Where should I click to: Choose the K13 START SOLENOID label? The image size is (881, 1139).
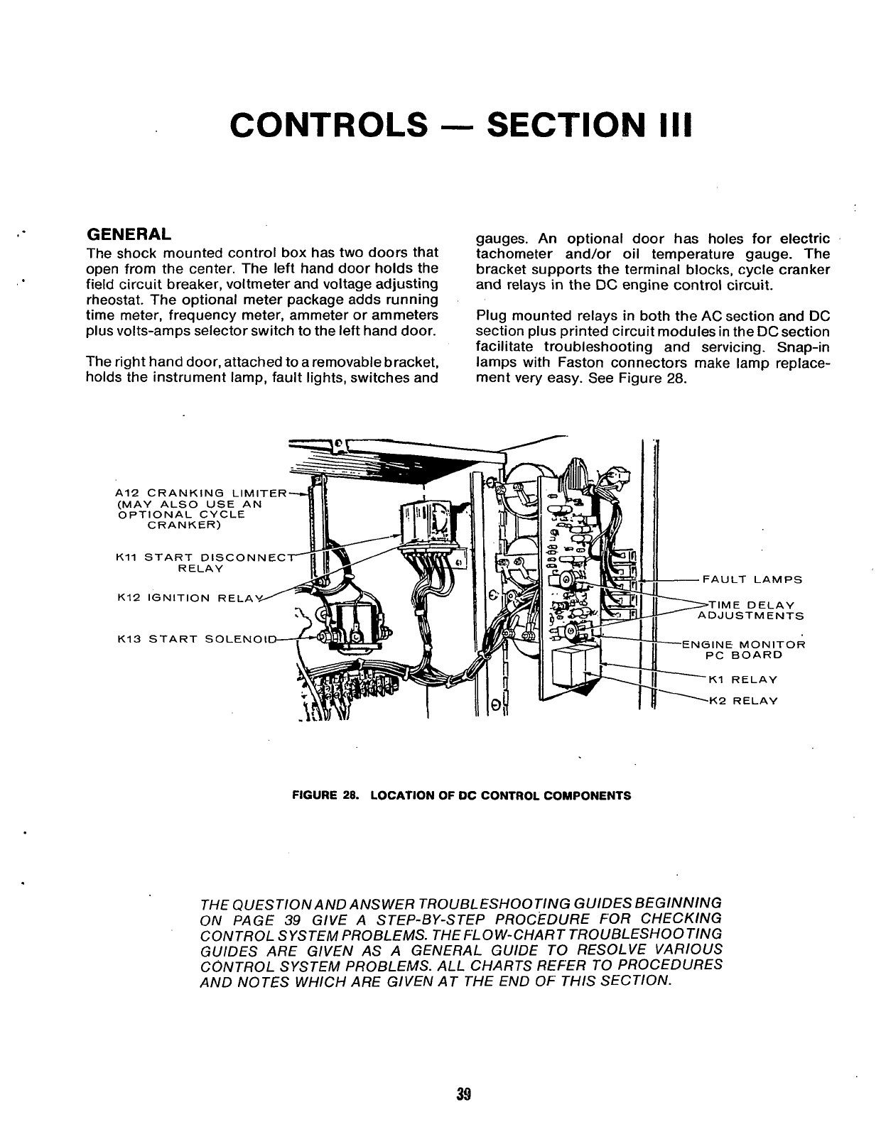click(x=195, y=639)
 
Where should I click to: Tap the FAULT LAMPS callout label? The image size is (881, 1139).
click(x=752, y=579)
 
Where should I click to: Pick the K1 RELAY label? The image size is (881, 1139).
click(x=743, y=680)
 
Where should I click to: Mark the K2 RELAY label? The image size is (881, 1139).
click(x=743, y=701)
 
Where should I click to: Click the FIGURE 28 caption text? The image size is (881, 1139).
click(x=462, y=795)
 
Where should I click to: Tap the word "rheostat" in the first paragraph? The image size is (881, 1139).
click(x=110, y=300)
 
